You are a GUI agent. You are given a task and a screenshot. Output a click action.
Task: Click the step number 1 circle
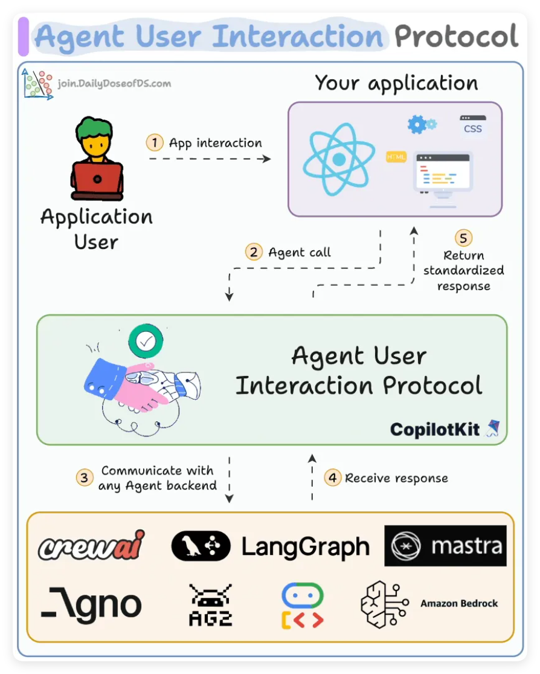coord(155,143)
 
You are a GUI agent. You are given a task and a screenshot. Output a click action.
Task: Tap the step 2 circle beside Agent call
coord(254,251)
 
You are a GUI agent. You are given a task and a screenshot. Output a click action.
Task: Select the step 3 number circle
coord(85,478)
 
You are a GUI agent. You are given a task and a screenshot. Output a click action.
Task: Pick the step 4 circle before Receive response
coord(332,478)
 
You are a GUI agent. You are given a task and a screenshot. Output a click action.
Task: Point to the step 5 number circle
coord(463,238)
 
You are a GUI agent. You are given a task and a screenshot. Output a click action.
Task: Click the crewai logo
coord(91,545)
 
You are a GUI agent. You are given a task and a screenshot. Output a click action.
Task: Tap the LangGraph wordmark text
coord(305,546)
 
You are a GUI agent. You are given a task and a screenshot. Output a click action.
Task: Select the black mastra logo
coord(445,546)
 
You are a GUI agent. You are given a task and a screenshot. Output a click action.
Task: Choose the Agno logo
coord(91,604)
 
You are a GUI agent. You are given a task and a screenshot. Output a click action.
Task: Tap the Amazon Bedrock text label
coord(459,603)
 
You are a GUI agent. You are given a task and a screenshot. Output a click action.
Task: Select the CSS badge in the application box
coord(472,126)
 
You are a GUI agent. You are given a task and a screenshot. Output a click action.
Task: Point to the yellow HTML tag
coord(396,157)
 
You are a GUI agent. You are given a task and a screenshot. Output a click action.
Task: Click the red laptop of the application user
coord(97,180)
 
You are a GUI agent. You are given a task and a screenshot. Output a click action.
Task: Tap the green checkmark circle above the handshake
coord(146,342)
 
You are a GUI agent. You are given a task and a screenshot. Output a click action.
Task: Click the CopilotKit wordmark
coord(435,429)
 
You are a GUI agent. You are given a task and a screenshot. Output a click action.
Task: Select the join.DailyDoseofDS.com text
coord(114,83)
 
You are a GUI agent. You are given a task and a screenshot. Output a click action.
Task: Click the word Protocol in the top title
coord(457,36)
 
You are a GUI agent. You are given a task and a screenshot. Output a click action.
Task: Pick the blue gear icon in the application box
coord(418,124)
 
